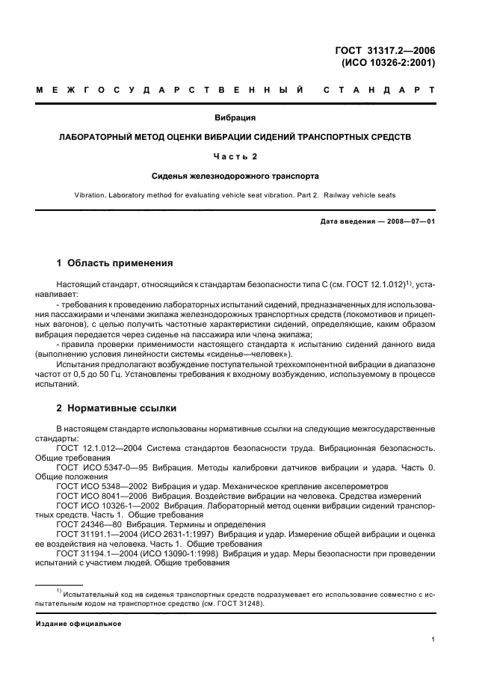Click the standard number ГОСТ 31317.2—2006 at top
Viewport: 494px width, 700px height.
coord(385,51)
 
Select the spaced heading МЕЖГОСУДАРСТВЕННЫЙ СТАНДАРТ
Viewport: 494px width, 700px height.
coord(235,90)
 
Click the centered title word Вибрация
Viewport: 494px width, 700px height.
coord(235,118)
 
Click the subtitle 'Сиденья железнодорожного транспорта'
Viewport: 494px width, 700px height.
coord(235,176)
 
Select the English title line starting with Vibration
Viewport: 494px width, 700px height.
coord(235,195)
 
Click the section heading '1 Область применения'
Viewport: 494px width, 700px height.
coord(115,263)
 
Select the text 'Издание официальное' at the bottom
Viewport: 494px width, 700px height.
coord(78,623)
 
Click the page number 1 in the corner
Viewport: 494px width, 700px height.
coord(433,639)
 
